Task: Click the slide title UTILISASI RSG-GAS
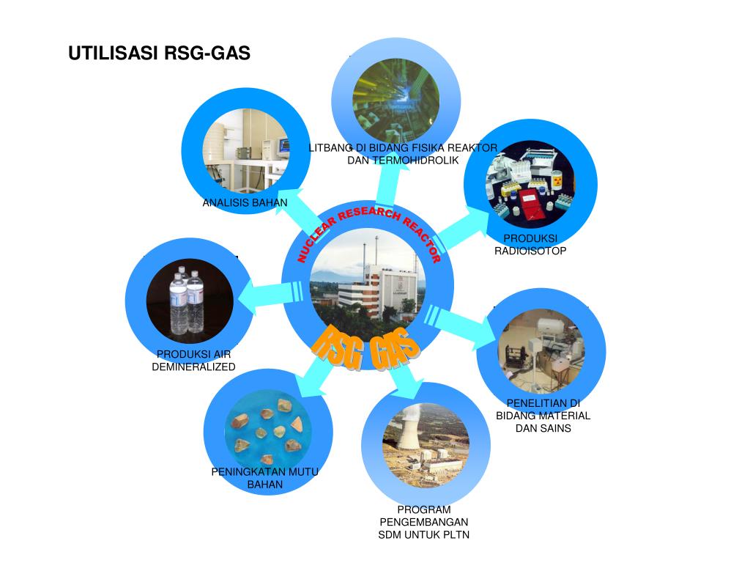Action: [x=160, y=54]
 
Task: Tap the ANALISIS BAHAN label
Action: [x=245, y=203]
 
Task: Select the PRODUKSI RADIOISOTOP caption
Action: [x=530, y=245]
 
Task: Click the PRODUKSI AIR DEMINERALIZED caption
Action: [x=193, y=361]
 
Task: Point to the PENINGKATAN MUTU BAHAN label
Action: [x=265, y=478]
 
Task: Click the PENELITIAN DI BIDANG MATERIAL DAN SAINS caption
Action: [x=543, y=416]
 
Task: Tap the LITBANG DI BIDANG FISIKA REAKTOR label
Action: [x=403, y=148]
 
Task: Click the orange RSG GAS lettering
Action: [x=364, y=348]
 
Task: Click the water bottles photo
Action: [x=189, y=301]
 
